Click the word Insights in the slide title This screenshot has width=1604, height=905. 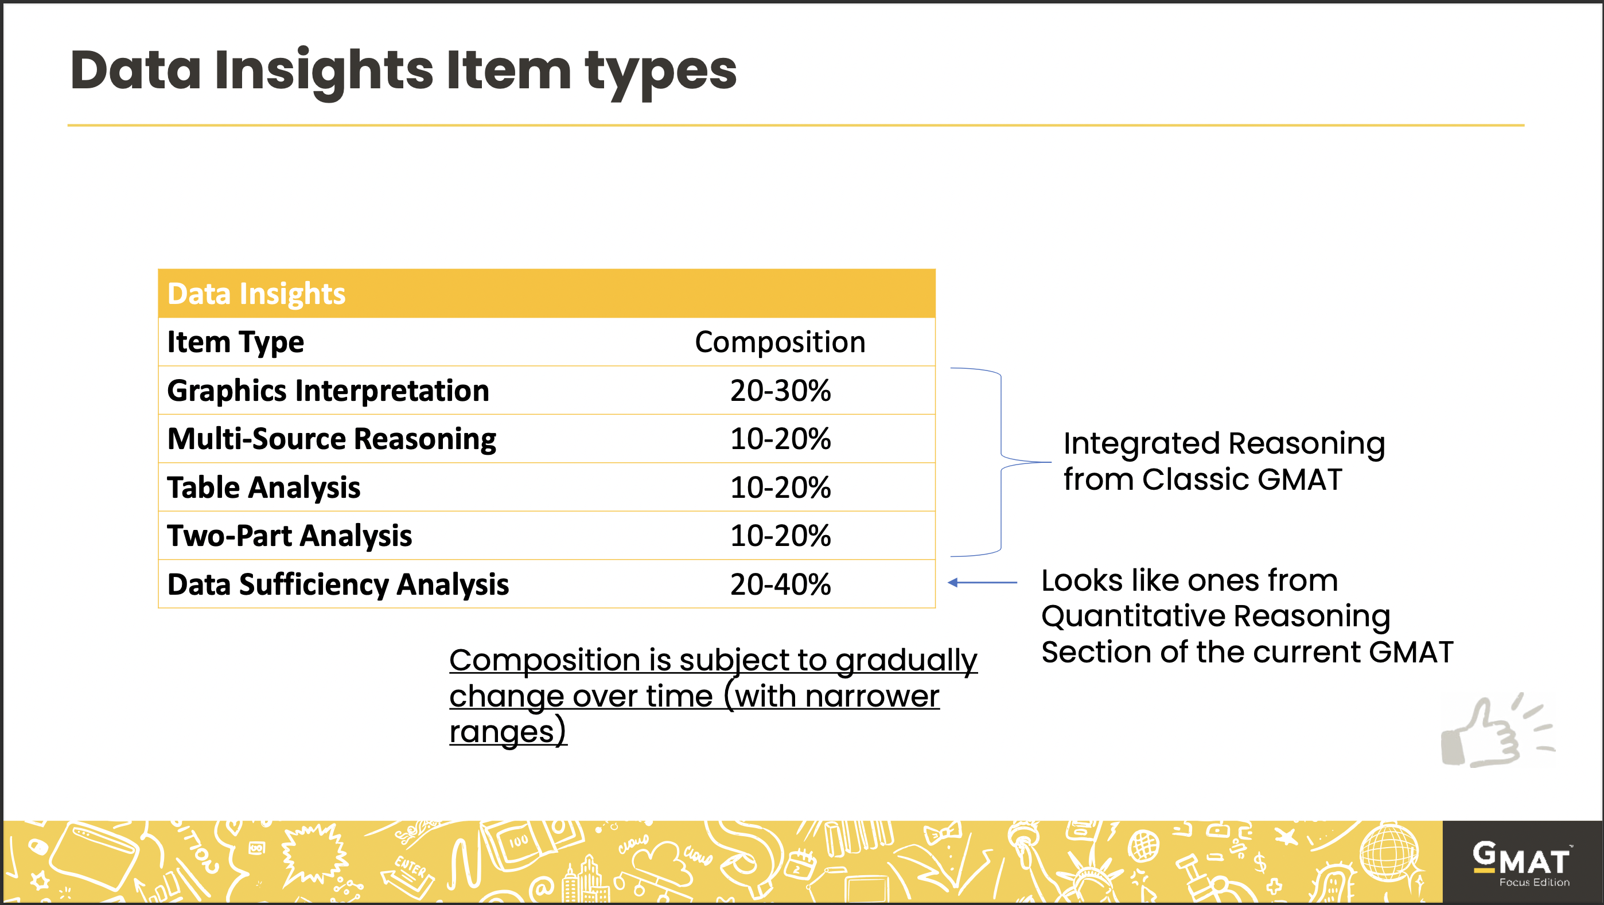click(x=324, y=71)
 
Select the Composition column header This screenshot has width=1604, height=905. click(x=780, y=342)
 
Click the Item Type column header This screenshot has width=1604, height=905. click(x=235, y=342)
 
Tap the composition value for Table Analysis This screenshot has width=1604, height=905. click(x=780, y=487)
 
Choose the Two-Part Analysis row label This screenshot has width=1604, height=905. click(x=290, y=535)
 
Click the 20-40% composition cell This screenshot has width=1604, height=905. click(x=780, y=584)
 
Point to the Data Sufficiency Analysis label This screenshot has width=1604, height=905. click(x=338, y=584)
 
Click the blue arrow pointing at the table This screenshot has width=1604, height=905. click(x=982, y=583)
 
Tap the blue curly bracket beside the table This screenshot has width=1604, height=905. click(x=1000, y=462)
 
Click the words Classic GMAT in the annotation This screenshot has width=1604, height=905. click(x=1241, y=479)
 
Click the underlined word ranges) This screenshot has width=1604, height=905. click(x=508, y=731)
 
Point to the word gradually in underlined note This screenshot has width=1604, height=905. click(x=905, y=660)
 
